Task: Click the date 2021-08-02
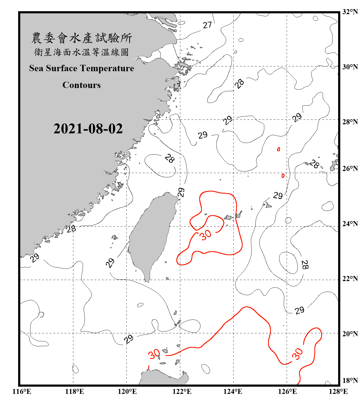[x=88, y=129]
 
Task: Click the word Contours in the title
[x=82, y=85]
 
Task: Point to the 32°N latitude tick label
[x=350, y=12]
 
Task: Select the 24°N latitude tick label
[x=350, y=223]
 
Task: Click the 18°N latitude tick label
[x=350, y=380]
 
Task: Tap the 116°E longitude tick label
[x=22, y=391]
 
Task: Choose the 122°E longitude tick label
[x=182, y=391]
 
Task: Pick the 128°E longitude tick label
[x=338, y=391]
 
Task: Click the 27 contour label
[x=207, y=25]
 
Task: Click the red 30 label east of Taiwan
[x=206, y=235]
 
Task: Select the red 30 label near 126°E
[x=297, y=354]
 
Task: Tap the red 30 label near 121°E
[x=154, y=354]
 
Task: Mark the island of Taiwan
[x=151, y=235]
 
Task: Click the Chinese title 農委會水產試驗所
[x=82, y=38]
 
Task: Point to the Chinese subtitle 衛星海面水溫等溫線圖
[x=82, y=52]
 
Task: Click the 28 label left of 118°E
[x=71, y=229]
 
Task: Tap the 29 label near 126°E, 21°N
[x=299, y=310]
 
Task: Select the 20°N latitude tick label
[x=350, y=334]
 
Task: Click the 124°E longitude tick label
[x=233, y=391]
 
